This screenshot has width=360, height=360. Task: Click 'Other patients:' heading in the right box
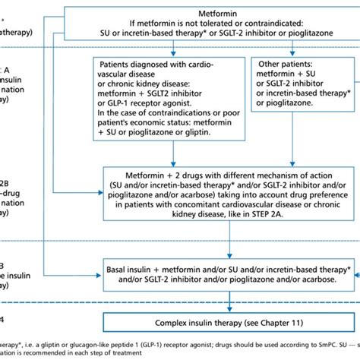click(x=288, y=65)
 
